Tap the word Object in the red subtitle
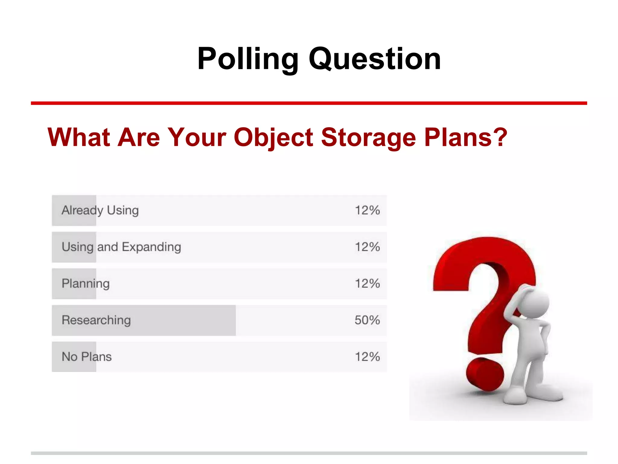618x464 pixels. pos(273,137)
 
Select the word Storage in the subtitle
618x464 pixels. pos(368,137)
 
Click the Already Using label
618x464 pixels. pos(100,210)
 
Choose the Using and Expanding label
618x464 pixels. pos(121,247)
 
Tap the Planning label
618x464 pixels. pos(86,284)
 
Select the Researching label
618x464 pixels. pos(96,320)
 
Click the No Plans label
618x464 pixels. pos(87,357)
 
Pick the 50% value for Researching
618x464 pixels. pos(367,320)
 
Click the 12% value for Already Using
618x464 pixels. pos(367,210)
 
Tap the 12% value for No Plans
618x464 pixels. pos(367,357)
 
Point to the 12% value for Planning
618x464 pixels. pos(367,284)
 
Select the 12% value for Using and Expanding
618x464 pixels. pos(367,247)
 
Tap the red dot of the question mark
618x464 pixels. pos(485,375)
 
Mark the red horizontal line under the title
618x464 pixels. pos(309,103)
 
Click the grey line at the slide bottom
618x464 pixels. pos(309,453)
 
